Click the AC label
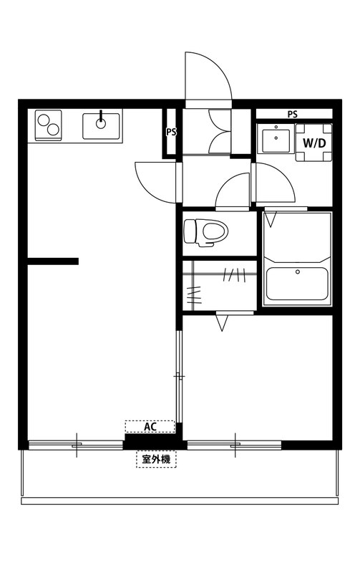coord(150,427)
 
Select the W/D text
coord(315,143)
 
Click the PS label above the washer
coord(293,114)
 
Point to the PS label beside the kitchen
coord(170,132)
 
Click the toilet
coord(205,231)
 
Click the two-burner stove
coord(48,125)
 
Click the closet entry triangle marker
coord(222,323)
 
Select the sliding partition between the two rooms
coord(179,376)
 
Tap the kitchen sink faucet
coord(100,117)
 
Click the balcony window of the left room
coord(77,446)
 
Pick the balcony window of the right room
coord(235,446)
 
